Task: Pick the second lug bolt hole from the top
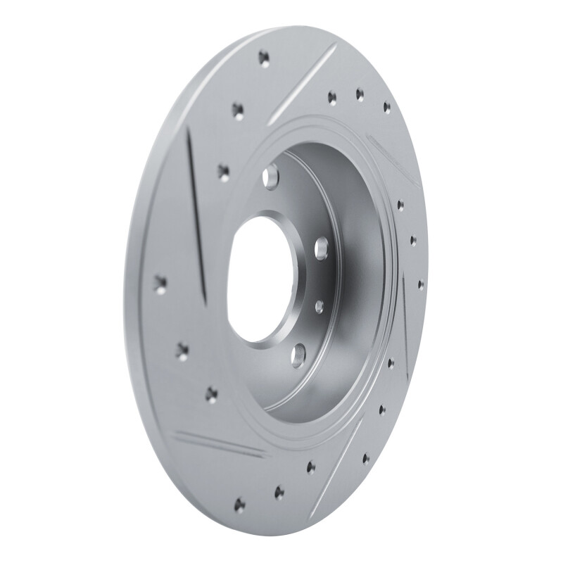pyautogui.click(x=322, y=247)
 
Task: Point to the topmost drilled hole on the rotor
pyautogui.click(x=264, y=57)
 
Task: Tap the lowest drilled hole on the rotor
pyautogui.click(x=239, y=504)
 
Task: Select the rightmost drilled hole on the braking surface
pyautogui.click(x=420, y=284)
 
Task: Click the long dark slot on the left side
pyautogui.click(x=196, y=211)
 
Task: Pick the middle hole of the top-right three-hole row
pyautogui.click(x=360, y=94)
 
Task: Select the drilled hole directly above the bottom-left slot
pyautogui.click(x=211, y=394)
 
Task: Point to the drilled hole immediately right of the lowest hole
pyautogui.click(x=279, y=492)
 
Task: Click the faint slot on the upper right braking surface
pyautogui.click(x=394, y=158)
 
